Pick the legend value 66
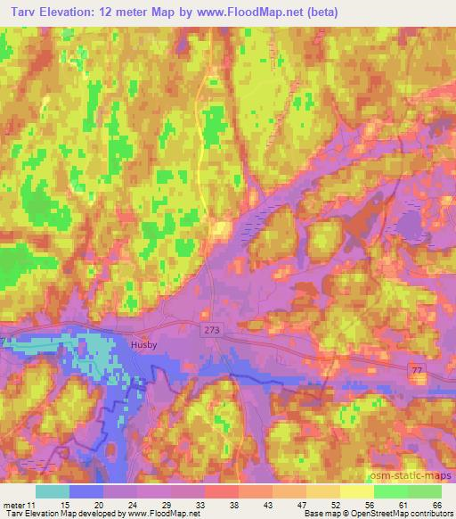(x=436, y=504)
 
